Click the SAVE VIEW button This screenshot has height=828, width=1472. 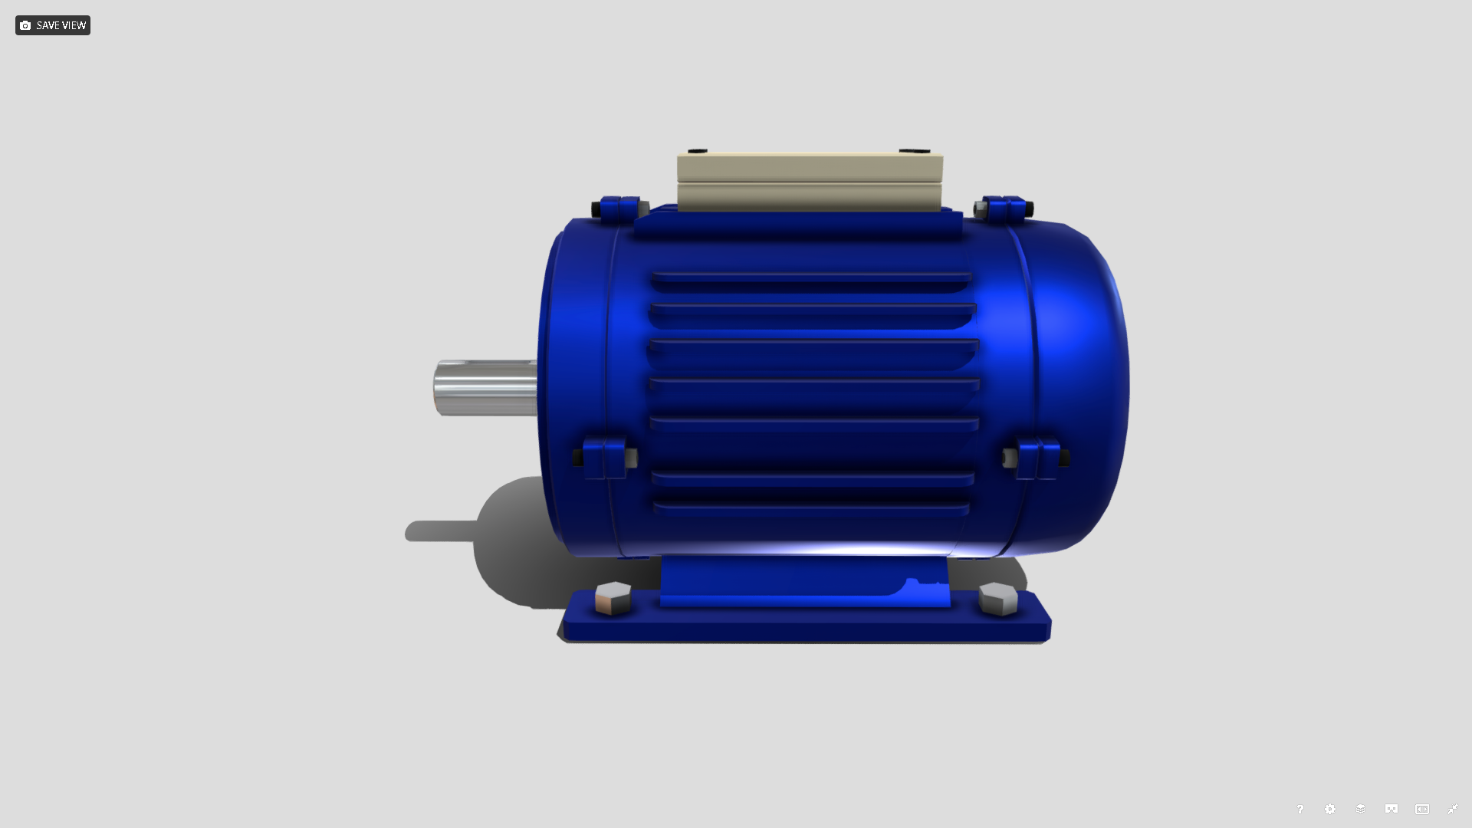[52, 25]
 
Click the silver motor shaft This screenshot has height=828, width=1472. [485, 388]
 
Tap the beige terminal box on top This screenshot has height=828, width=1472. [810, 182]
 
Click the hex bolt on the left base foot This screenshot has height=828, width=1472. [613, 598]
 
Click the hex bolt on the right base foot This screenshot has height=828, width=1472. [998, 599]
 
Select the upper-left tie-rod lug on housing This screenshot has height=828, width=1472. [619, 209]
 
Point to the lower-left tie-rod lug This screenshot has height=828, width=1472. [603, 458]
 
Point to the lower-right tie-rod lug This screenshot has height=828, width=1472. [1037, 458]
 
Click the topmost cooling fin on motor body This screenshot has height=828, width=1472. [811, 281]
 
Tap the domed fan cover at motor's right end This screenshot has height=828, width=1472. [1081, 383]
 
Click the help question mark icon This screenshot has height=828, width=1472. [1299, 810]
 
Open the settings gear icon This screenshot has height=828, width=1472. [1330, 810]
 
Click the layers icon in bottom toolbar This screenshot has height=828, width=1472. [1361, 810]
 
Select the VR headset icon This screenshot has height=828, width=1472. [1391, 810]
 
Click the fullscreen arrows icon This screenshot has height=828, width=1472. [1453, 810]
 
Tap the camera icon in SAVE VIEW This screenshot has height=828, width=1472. [25, 25]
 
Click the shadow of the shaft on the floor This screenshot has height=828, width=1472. [441, 531]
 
